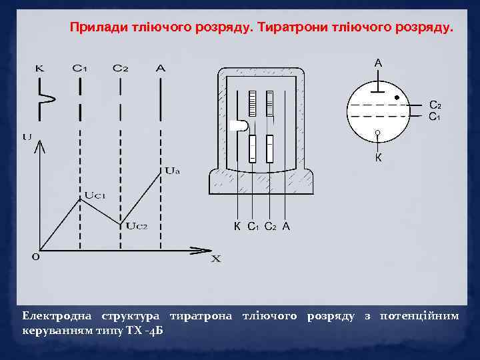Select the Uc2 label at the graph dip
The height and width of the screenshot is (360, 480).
pos(137,225)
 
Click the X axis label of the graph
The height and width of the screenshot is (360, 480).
pos(216,259)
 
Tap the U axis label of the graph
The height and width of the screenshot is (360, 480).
pos(27,137)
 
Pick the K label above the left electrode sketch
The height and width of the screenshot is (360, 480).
pos(39,68)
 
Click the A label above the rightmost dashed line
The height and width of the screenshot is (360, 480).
pos(160,68)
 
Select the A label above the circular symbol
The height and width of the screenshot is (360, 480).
pos(378,63)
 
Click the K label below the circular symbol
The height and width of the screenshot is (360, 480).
pos(378,158)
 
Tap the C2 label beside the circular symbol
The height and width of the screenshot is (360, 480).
pos(434,105)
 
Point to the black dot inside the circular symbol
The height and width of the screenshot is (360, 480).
pos(397,97)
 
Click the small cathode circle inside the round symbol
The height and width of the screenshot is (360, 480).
pos(377,133)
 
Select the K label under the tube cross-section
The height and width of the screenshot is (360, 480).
pos(237,226)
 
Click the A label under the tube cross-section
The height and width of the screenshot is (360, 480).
pos(286,226)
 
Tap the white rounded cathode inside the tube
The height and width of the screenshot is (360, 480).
pos(239,125)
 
